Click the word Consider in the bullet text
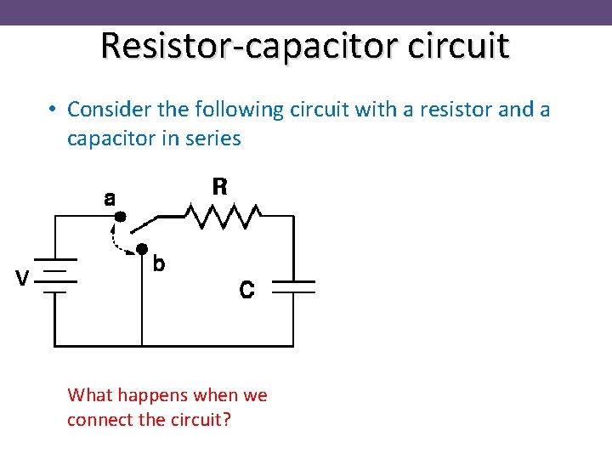point(106,110)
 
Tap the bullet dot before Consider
point(53,110)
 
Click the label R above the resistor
point(219,187)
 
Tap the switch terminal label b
point(158,264)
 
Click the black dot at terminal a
point(121,216)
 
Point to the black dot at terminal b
point(142,248)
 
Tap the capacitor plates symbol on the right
point(293,286)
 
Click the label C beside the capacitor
point(246,291)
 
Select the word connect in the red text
point(97,420)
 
